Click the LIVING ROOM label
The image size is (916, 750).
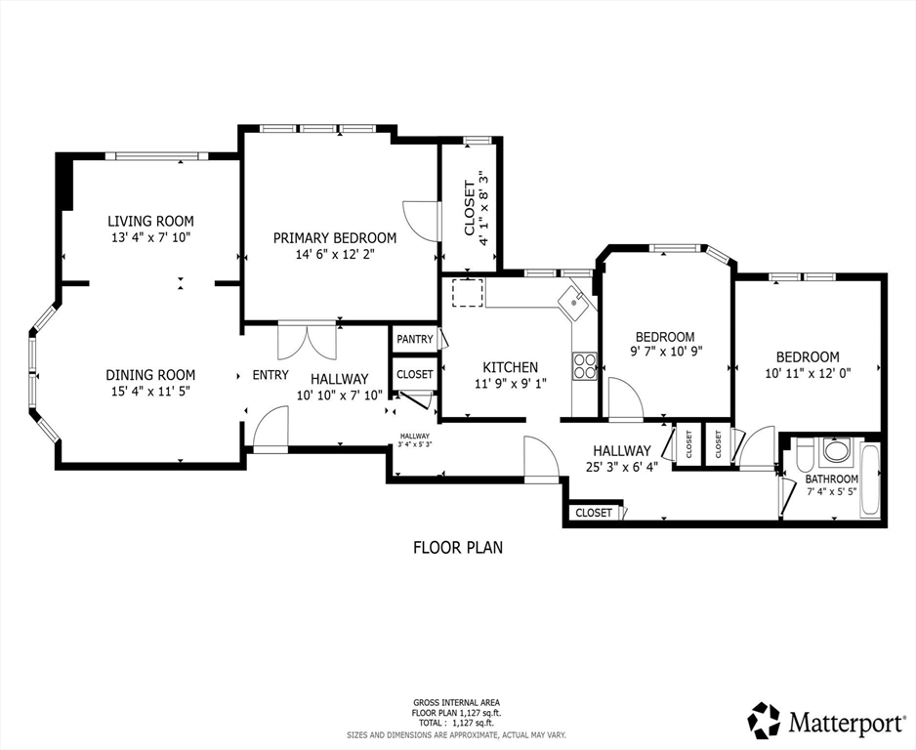tap(150, 221)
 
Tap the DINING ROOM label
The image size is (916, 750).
tap(150, 375)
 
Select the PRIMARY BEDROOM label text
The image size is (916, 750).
tap(334, 238)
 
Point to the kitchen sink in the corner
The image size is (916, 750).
tap(575, 302)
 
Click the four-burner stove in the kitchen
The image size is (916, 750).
tap(585, 366)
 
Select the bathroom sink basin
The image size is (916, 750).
tap(836, 452)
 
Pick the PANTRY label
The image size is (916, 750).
tap(415, 340)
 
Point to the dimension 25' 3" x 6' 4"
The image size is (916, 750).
tap(621, 466)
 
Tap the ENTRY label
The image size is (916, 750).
tap(271, 375)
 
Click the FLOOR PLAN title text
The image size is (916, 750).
tap(457, 548)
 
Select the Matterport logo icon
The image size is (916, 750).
tap(764, 720)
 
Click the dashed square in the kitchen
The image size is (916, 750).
tap(468, 293)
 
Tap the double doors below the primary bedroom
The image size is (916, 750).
tap(307, 341)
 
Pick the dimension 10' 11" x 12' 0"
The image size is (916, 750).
tap(807, 372)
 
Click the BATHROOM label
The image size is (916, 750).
tap(831, 479)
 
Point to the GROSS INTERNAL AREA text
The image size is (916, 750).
tap(457, 702)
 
